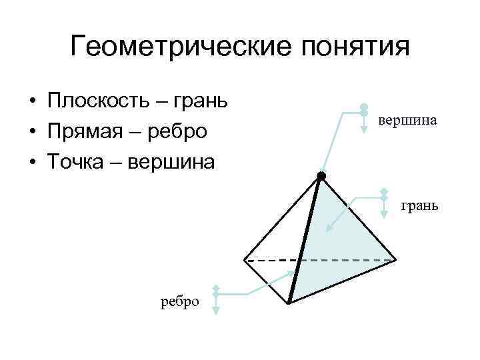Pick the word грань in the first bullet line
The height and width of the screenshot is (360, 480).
pos(200,102)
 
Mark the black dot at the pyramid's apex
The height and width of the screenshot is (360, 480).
pos(321,176)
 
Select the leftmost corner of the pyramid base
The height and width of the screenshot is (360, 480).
pos(244,259)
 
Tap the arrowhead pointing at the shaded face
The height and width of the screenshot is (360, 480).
pos(328,229)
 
